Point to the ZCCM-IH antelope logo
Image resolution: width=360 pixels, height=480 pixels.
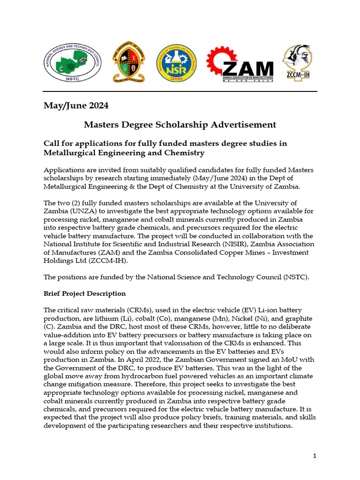[298, 62]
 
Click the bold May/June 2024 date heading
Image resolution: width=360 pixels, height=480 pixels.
[76, 105]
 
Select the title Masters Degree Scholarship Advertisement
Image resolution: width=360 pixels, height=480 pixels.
[180, 125]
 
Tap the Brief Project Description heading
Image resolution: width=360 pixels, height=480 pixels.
[85, 293]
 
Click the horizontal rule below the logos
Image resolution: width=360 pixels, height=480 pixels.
[180, 91]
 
